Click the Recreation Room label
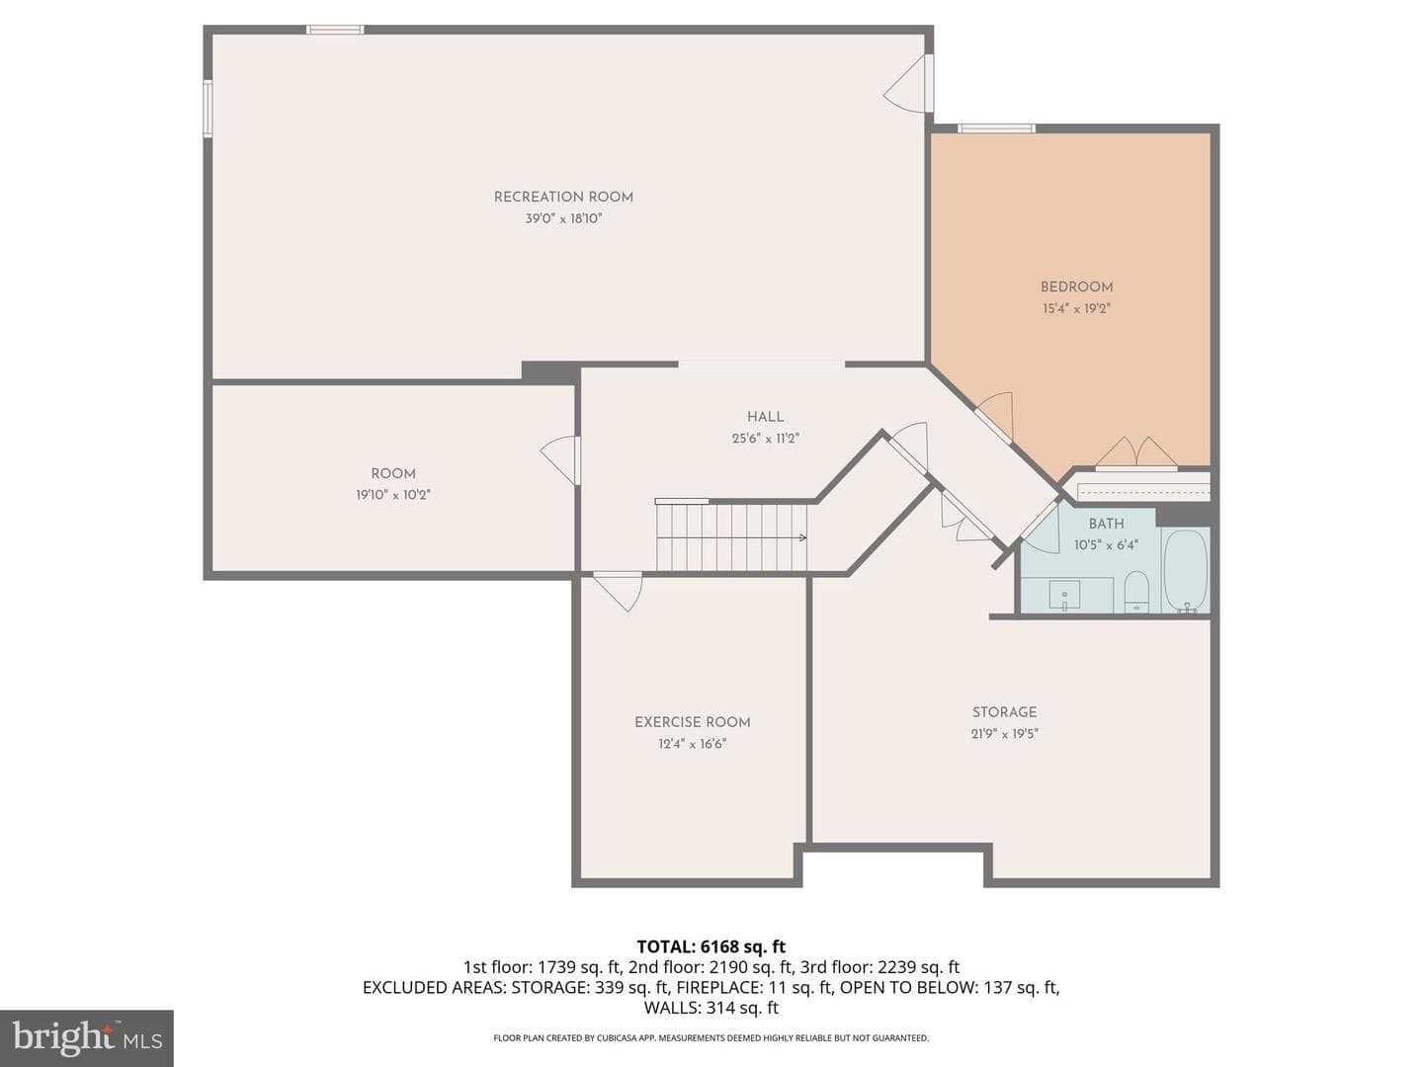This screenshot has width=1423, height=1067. pyautogui.click(x=563, y=197)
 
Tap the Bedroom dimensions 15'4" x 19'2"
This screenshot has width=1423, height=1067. pyautogui.click(x=1076, y=308)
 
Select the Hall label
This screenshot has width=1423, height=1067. pyautogui.click(x=765, y=417)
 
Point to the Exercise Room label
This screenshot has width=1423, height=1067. pyautogui.click(x=693, y=722)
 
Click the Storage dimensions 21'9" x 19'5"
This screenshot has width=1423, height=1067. pyautogui.click(x=1004, y=733)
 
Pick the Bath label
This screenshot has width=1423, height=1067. pyautogui.click(x=1106, y=524)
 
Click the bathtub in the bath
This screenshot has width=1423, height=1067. pyautogui.click(x=1186, y=571)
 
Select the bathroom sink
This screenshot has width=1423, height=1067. pyautogui.click(x=1064, y=596)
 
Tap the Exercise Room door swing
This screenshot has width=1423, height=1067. pyautogui.click(x=618, y=592)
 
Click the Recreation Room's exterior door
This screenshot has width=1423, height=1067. pyautogui.click(x=908, y=84)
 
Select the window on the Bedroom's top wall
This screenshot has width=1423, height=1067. pyautogui.click(x=996, y=128)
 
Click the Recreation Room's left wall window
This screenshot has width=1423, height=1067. pyautogui.click(x=208, y=109)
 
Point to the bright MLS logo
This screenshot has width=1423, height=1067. pyautogui.click(x=87, y=1039)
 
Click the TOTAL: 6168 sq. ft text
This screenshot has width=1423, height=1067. pyautogui.click(x=711, y=946)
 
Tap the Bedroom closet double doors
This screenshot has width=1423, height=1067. pyautogui.click(x=1136, y=452)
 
